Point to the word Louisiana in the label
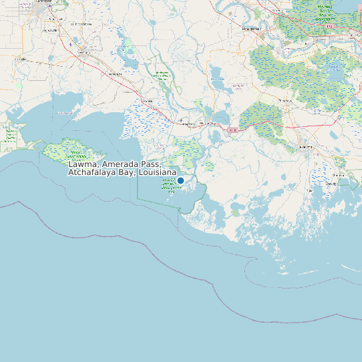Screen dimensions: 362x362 [157, 172]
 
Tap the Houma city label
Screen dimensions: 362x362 [306, 146]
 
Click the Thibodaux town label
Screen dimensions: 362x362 [285, 100]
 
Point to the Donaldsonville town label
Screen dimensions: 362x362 [251, 30]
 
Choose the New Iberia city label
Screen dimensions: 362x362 [83, 52]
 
